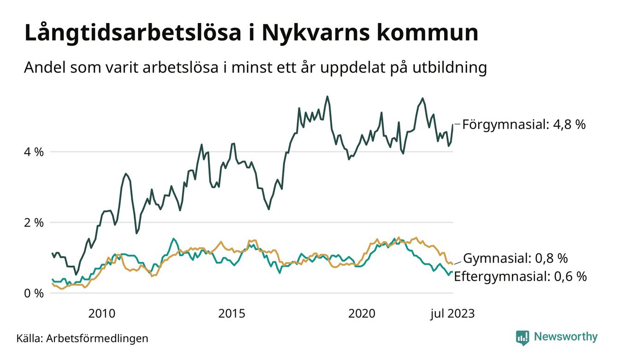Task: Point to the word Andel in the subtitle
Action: [x=42, y=68]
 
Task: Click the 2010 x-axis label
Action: [x=101, y=314]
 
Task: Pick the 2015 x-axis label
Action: [x=232, y=314]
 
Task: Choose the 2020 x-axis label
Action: [x=362, y=314]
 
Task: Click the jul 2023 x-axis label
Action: [x=452, y=314]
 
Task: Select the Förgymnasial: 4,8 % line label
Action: [x=524, y=124]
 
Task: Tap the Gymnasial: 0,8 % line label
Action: [x=515, y=258]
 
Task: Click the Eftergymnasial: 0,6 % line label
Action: [x=520, y=276]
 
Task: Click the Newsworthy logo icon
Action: [x=523, y=337]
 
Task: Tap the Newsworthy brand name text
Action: [x=565, y=337]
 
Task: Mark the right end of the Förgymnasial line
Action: [x=452, y=125]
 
